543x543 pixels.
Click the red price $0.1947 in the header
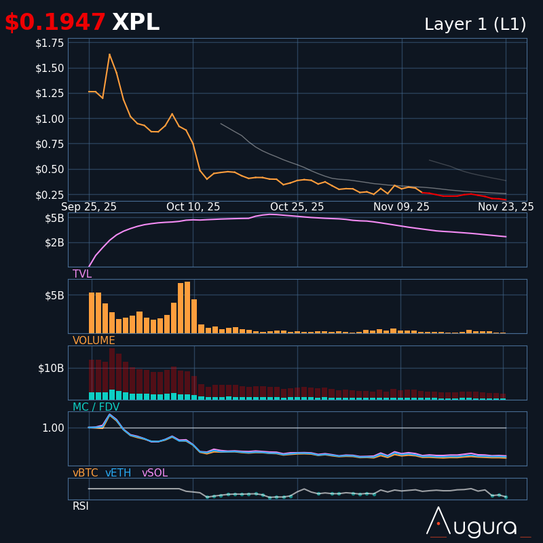(55, 23)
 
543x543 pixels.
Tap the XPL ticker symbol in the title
(136, 23)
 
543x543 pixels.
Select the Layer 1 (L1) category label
(475, 25)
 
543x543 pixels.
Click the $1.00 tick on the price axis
(50, 119)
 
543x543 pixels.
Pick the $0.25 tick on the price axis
(50, 195)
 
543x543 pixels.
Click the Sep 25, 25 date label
(89, 207)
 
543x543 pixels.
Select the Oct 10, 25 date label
(193, 207)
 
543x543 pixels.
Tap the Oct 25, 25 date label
(297, 207)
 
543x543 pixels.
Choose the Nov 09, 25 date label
(401, 207)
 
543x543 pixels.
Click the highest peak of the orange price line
(109, 54)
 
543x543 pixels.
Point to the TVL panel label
(82, 274)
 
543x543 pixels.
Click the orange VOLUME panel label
(94, 341)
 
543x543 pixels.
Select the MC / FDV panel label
(96, 407)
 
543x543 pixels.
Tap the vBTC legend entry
(86, 473)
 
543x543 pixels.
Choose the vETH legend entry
(118, 473)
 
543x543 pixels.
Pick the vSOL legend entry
(155, 473)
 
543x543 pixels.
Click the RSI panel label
(81, 506)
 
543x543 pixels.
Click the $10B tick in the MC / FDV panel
(51, 369)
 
